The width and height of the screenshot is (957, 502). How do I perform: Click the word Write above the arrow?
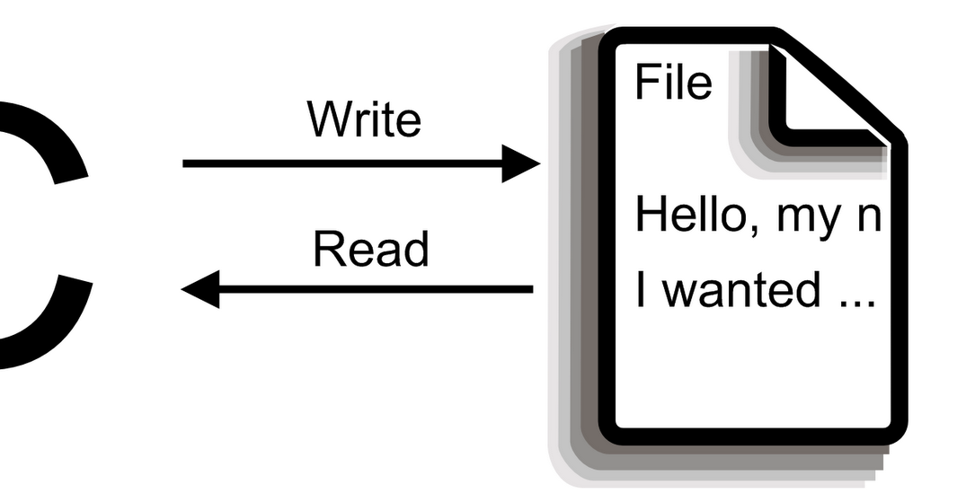(363, 120)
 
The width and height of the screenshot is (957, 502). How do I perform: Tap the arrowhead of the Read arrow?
(200, 289)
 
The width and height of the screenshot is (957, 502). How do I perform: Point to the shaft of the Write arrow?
(341, 163)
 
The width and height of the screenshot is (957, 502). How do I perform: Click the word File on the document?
(673, 82)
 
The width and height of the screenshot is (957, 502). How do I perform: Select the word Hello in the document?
(688, 215)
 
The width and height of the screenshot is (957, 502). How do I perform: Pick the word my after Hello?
(811, 218)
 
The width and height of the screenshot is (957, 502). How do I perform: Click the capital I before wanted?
(641, 291)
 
